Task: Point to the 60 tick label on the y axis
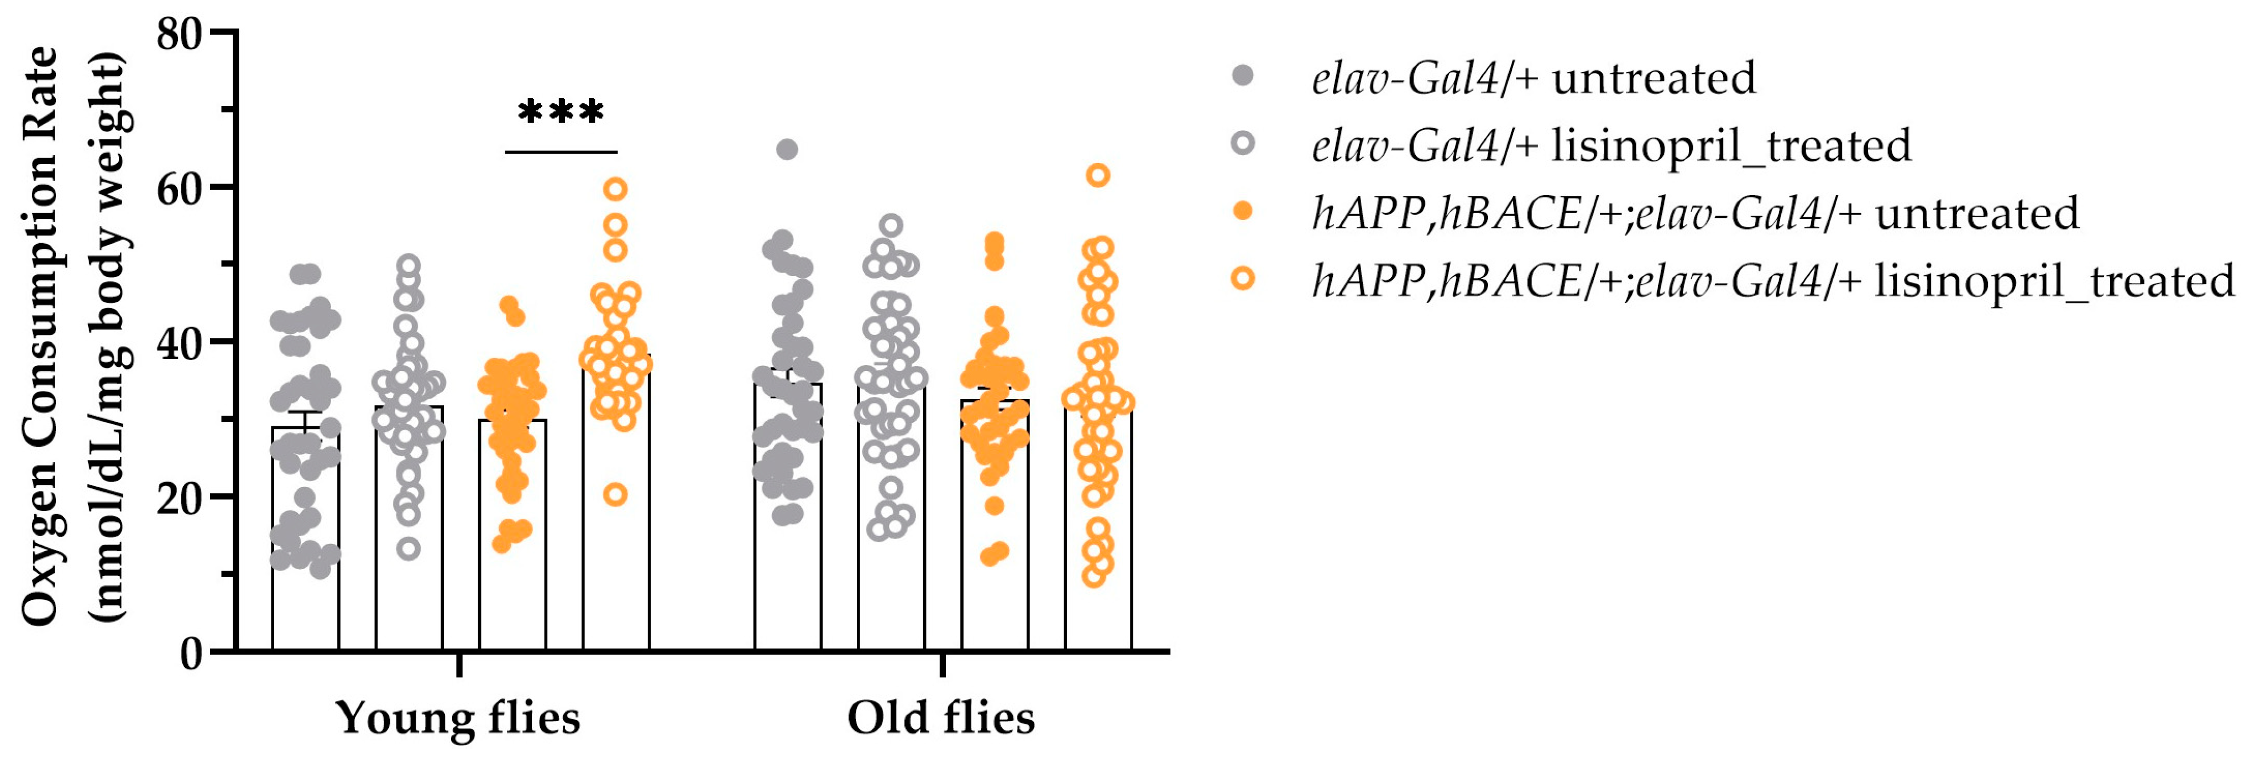[179, 188]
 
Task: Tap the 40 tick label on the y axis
[179, 342]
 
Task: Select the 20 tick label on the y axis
[179, 497]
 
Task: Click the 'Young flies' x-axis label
[458, 718]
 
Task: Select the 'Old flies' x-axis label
[941, 718]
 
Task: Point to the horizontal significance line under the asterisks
[561, 152]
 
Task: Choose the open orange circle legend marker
[1242, 279]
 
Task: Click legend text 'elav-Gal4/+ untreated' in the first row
[1534, 78]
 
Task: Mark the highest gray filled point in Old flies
[787, 149]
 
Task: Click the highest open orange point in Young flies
[616, 189]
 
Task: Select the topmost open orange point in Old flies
[1098, 175]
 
